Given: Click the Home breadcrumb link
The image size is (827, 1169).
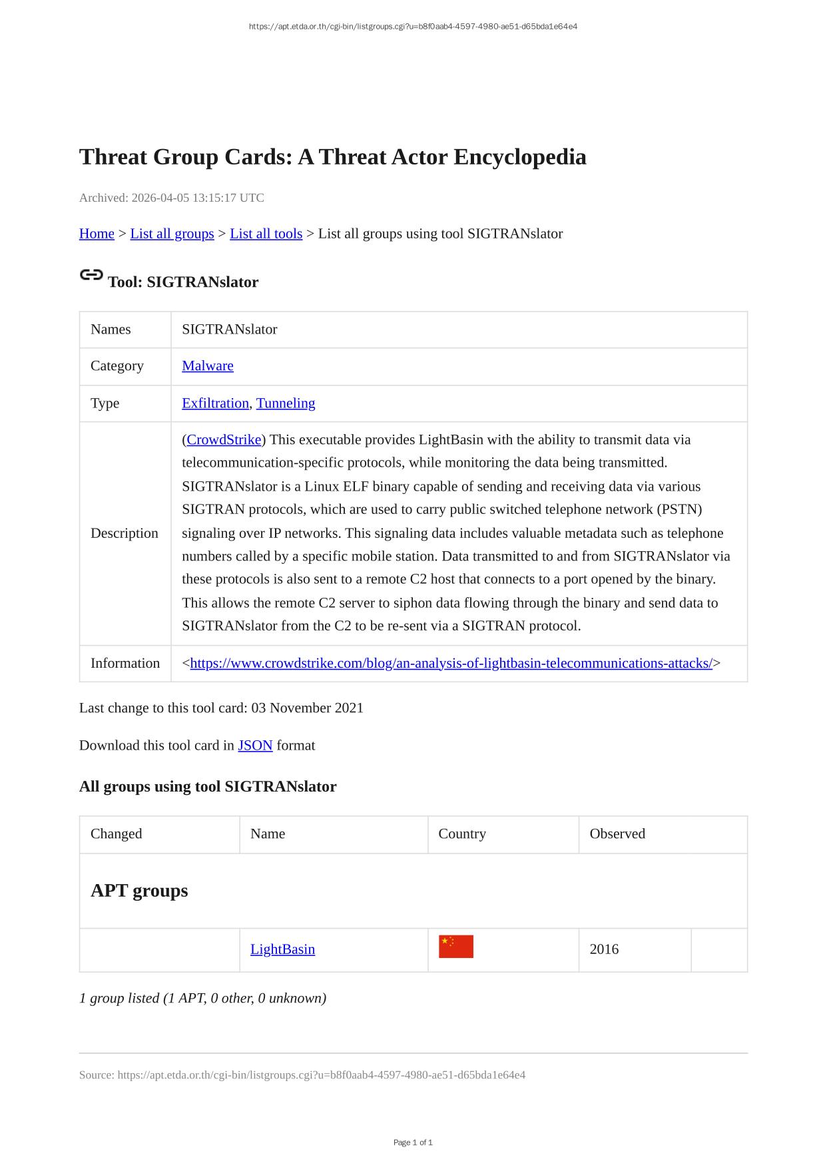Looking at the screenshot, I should pos(97,234).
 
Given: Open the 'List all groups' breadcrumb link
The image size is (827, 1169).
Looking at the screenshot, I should pos(172,234).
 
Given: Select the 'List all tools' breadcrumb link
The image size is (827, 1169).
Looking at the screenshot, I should pos(266,234).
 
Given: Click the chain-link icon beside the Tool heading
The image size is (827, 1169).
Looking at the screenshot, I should pos(91,275).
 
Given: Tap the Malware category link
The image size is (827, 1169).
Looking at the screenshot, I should pos(208,365).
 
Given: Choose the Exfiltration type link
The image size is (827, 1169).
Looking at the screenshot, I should pos(215,403).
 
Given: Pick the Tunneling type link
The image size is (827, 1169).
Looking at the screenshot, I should pos(286,403).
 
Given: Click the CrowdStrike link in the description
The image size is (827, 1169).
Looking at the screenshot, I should pos(224,439).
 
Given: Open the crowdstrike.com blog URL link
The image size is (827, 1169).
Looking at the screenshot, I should pos(451,663).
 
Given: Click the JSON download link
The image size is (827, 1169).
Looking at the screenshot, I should pos(255,745).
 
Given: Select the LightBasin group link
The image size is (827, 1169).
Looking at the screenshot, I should pos(282,949).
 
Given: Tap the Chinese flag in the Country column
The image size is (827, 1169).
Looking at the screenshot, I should pos(456,947).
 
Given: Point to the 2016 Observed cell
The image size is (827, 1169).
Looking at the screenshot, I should pos(604,949).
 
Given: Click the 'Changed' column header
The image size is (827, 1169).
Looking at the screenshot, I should pos(116,833).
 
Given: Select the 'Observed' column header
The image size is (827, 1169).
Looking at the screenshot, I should pos(617,833).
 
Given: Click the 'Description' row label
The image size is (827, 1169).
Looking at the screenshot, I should pos(125,533).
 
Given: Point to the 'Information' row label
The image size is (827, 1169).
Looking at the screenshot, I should pos(125,663).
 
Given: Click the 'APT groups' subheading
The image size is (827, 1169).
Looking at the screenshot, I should pos(139,891).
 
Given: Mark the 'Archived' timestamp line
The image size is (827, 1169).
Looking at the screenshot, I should pos(172,198).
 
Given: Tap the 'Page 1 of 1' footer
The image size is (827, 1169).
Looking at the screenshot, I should pos(413,1142).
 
